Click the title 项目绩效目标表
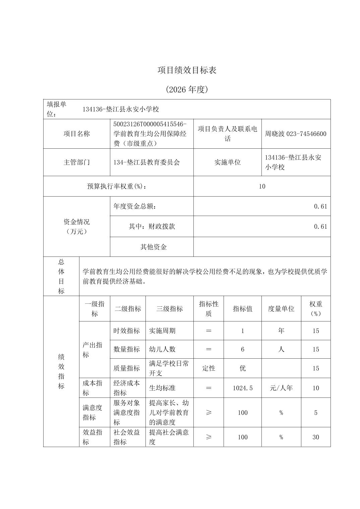pos(187,70)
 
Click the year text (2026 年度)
pos(187,89)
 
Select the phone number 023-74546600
pos(306,134)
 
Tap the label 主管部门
pos(77,162)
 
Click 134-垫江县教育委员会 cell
pos(147,162)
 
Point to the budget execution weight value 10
pos(262,186)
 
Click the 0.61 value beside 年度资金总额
pos(320,206)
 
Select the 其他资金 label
pos(153,247)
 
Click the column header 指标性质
pos(208,308)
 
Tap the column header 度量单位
pos(281,309)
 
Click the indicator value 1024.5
pos(243,388)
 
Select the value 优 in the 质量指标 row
pos(243,368)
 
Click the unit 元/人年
pos(281,388)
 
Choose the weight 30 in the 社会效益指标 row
pos(315,437)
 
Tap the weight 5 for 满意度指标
pos(315,413)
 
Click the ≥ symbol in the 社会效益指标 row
pos(208,437)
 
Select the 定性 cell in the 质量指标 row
pos(208,368)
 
